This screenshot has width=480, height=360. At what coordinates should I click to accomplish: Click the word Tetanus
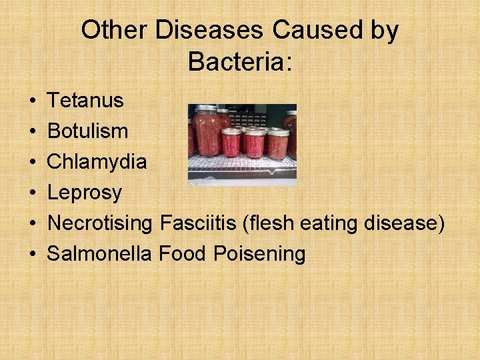[x=85, y=101]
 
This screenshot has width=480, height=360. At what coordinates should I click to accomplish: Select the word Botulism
[x=88, y=131]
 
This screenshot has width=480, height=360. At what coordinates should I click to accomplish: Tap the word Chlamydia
[x=97, y=162]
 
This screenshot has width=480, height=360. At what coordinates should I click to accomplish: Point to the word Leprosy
[x=85, y=193]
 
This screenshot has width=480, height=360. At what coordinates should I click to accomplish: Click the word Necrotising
[x=100, y=223]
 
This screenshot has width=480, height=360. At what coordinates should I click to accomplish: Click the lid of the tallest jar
[x=207, y=108]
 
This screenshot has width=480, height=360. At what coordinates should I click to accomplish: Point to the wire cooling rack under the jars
[x=241, y=168]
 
